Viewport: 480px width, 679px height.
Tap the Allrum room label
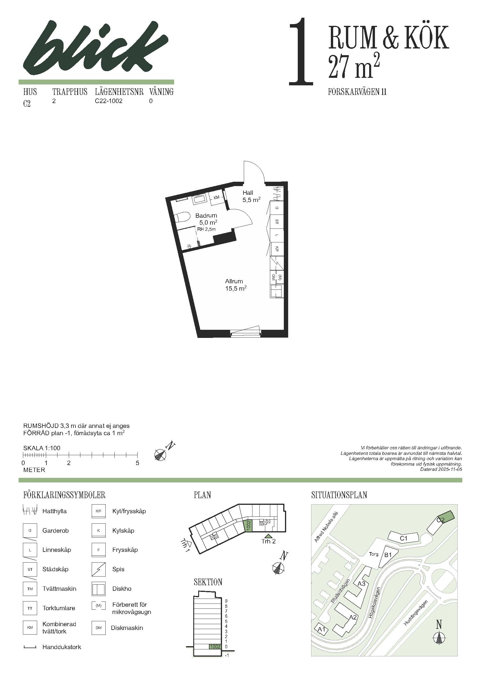234,281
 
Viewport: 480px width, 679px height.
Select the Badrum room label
206,215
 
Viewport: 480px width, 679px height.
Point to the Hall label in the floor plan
248,192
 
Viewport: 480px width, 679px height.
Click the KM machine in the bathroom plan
216,197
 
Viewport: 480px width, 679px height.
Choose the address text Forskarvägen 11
357,92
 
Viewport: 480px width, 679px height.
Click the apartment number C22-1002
109,101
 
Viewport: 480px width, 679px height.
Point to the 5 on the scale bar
138,463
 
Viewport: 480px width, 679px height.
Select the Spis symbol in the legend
99,569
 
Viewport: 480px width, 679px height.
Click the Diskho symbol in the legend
99,589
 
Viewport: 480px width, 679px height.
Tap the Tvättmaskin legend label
59,589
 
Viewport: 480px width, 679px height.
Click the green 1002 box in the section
215,647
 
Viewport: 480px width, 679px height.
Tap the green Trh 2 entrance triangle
268,536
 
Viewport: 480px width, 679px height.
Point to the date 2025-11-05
451,469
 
